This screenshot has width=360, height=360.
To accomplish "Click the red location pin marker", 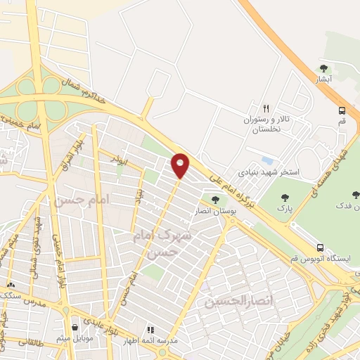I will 181,165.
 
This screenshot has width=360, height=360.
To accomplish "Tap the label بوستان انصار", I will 216,210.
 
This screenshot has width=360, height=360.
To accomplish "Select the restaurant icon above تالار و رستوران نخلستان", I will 266,108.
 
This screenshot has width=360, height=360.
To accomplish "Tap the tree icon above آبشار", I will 323,68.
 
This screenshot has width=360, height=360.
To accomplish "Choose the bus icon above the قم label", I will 342,110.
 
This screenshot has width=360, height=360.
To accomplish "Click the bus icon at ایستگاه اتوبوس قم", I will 320,247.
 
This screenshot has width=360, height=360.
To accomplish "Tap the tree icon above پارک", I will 285,198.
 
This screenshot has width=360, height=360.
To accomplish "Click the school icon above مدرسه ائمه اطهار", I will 150,329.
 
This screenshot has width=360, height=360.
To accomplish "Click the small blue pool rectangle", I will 266,160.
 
